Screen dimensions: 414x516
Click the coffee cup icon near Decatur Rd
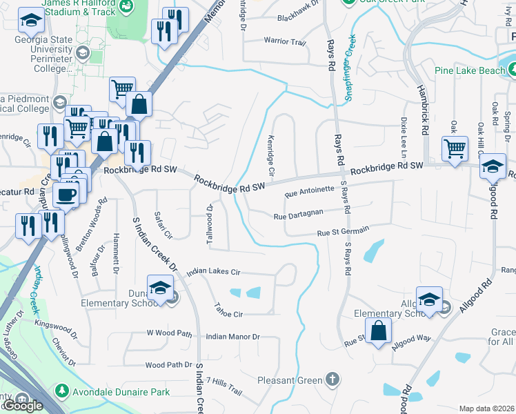tap(66, 195)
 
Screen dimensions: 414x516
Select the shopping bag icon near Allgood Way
tap(378, 331)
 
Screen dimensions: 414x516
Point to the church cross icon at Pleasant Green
tap(333, 379)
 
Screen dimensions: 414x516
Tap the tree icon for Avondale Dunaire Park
tap(61, 391)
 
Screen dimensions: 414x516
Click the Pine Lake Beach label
tap(470, 70)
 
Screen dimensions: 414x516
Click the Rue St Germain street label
tap(343, 232)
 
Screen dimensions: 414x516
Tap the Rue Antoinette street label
tap(310, 191)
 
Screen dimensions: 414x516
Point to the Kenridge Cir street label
tap(270, 155)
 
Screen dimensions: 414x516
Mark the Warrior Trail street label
tap(284, 42)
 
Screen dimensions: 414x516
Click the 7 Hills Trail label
tap(224, 391)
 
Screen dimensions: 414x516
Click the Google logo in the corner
tap(23, 406)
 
